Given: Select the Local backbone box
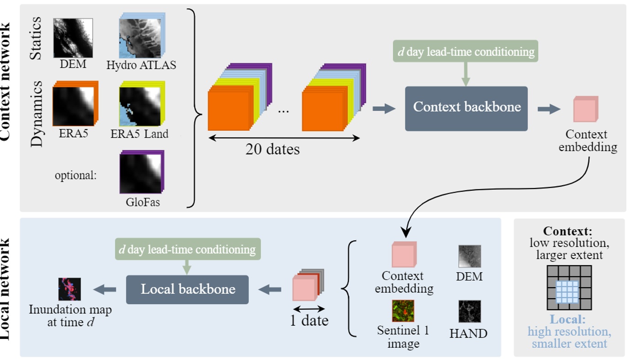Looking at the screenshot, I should pyautogui.click(x=187, y=290).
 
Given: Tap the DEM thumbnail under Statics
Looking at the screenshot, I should pyautogui.click(x=73, y=38).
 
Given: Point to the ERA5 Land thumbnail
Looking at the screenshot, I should pyautogui.click(x=140, y=105).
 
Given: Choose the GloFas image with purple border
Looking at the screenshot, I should pyautogui.click(x=141, y=173).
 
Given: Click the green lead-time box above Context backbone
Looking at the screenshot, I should pyautogui.click(x=465, y=52).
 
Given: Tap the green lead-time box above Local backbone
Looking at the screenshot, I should pyautogui.click(x=187, y=250).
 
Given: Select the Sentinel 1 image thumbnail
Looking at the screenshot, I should pyautogui.click(x=403, y=311).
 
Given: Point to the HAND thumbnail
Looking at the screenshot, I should pyautogui.click(x=469, y=312).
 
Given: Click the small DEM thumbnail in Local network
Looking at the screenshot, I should pyautogui.click(x=469, y=257).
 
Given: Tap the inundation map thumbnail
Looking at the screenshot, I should pyautogui.click(x=69, y=289).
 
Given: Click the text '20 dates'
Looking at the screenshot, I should pyautogui.click(x=272, y=149).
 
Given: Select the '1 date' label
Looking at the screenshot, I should pyautogui.click(x=309, y=321).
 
